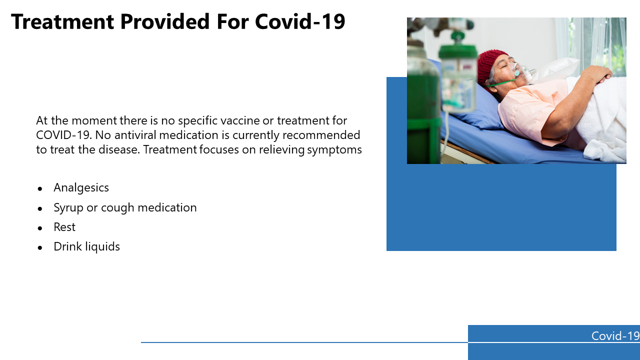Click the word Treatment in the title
62,21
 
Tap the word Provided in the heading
165,21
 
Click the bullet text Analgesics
81,188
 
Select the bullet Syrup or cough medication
125,207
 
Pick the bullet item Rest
64,227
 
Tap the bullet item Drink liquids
86,247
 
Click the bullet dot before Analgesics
40,189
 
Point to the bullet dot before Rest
40,228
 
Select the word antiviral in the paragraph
135,135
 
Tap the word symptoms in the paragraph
334,150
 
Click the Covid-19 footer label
615,336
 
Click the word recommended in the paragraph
321,135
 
